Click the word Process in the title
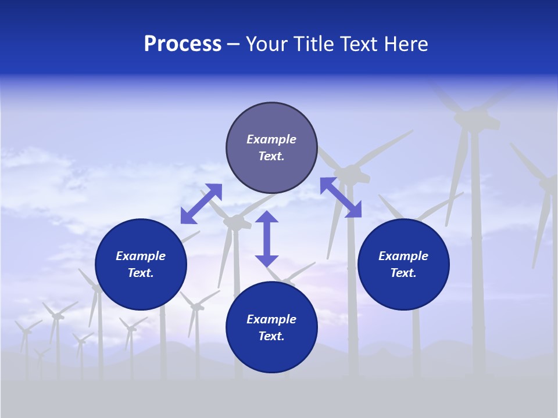click(x=183, y=44)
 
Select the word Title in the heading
click(x=314, y=44)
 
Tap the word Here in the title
click(x=405, y=44)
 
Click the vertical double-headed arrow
click(x=267, y=239)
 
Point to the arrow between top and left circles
click(x=201, y=203)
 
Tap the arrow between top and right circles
click(x=341, y=197)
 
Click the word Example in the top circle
click(x=271, y=139)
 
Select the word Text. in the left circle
click(x=141, y=273)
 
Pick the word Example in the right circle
click(x=403, y=256)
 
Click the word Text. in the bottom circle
click(x=271, y=336)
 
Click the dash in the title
click(x=234, y=45)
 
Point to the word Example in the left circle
click(x=141, y=256)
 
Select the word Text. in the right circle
click(x=403, y=273)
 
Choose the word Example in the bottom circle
click(x=271, y=319)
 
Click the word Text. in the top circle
click(x=271, y=156)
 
